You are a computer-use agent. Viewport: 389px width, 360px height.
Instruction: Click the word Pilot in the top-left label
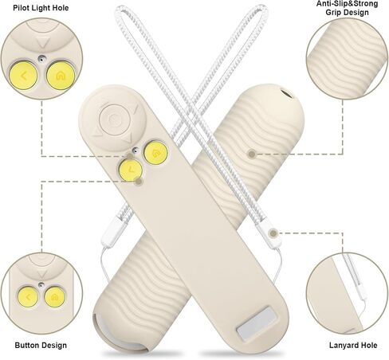tap(22, 8)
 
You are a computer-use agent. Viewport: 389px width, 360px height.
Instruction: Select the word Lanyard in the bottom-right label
tap(341, 346)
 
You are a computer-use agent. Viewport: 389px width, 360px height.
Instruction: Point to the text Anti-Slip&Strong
tap(347, 4)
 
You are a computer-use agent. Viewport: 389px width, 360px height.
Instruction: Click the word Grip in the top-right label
tap(332, 13)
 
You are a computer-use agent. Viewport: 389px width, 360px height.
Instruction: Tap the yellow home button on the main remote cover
tap(155, 153)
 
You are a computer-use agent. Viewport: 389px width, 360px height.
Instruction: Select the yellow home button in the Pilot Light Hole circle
tap(60, 76)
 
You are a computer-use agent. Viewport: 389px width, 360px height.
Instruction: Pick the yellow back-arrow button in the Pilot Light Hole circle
tap(23, 76)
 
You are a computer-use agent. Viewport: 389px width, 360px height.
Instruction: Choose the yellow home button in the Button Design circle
tap(55, 297)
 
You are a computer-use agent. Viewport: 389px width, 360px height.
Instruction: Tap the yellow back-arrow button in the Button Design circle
tap(28, 297)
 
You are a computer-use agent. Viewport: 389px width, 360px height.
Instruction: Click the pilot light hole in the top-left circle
tap(41, 58)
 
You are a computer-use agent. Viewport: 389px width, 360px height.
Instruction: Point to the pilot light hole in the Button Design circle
tap(41, 285)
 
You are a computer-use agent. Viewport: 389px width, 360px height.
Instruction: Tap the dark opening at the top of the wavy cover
tap(286, 94)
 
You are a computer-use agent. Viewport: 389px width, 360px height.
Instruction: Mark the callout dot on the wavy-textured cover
tap(252, 154)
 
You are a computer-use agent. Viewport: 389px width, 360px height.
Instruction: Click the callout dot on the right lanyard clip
tap(273, 233)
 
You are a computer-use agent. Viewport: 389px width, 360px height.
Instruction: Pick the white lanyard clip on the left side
tap(111, 229)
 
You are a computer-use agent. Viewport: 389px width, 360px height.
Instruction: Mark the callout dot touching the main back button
tap(139, 182)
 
